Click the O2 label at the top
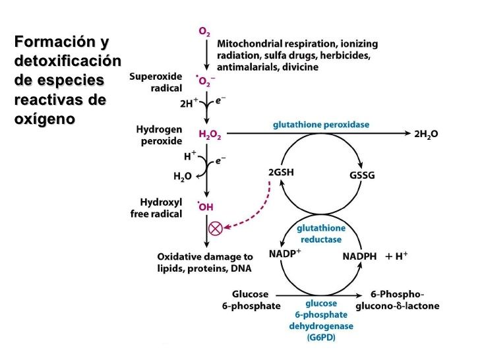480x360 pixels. tap(206, 32)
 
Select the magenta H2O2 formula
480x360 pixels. tap(210, 135)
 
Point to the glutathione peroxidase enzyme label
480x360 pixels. tap(321, 124)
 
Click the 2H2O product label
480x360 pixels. tap(425, 135)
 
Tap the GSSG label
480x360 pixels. tap(361, 176)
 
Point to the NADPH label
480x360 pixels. tap(360, 256)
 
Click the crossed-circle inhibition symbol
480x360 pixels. tap(215, 228)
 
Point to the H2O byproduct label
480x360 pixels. tap(183, 176)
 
